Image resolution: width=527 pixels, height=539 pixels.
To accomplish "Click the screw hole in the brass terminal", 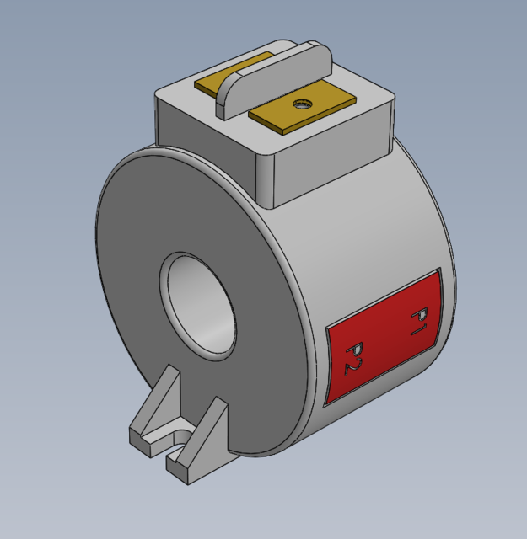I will pyautogui.click(x=298, y=104).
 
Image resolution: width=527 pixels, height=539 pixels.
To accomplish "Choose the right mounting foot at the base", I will pyautogui.click(x=207, y=438).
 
